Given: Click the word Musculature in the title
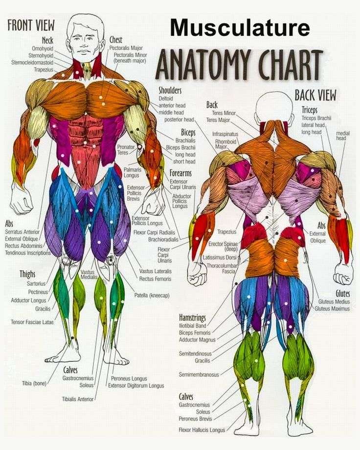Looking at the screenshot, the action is [x=240, y=27].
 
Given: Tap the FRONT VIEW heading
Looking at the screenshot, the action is [x=31, y=25].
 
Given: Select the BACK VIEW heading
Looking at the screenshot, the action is [x=315, y=95].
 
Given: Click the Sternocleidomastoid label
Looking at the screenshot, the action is [x=32, y=62].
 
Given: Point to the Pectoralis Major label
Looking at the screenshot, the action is [x=126, y=48].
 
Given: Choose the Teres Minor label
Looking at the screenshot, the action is [x=224, y=113].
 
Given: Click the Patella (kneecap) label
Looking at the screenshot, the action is [x=152, y=295].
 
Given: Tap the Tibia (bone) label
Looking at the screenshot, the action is [x=34, y=383].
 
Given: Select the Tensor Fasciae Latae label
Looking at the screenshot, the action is [x=32, y=322].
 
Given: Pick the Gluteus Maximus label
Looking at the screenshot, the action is [x=332, y=309].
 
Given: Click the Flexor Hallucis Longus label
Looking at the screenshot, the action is [x=202, y=430].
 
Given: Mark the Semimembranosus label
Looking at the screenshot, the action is [x=199, y=375].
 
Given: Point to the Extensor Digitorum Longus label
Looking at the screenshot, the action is [x=136, y=386].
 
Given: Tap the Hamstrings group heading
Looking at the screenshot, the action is [x=192, y=318].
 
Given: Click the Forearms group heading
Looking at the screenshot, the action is [x=180, y=173].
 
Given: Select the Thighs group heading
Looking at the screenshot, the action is [x=27, y=274].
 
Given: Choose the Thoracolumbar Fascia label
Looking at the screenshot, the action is [x=223, y=268].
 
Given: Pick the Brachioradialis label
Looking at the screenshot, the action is [x=163, y=239].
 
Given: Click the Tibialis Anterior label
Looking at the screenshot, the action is [x=78, y=399].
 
